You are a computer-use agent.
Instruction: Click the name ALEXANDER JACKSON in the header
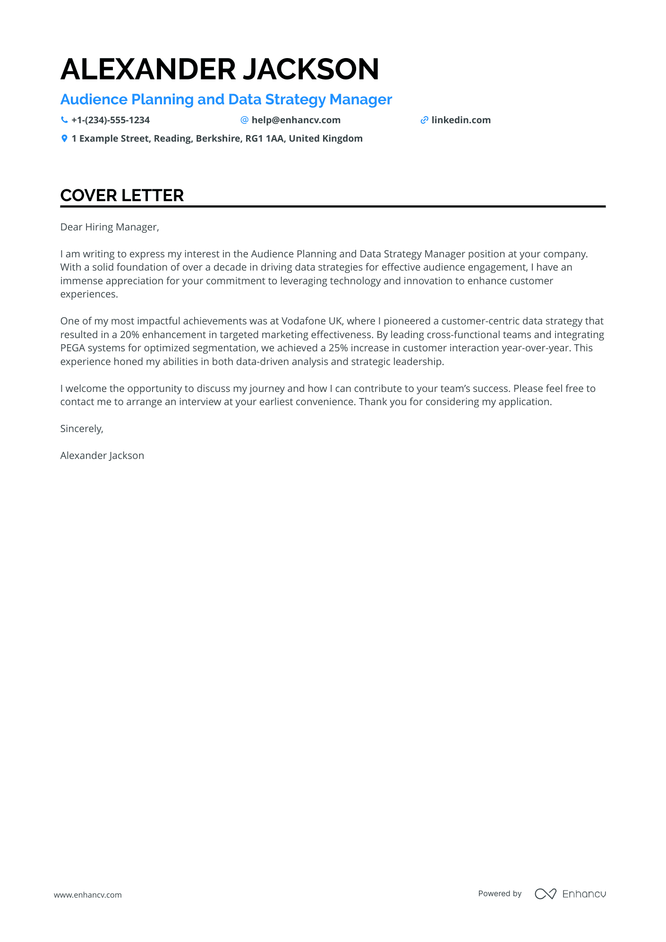(220, 69)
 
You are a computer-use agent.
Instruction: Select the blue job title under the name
(226, 100)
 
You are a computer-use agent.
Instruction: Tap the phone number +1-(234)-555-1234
(111, 120)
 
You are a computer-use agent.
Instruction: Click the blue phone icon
(64, 120)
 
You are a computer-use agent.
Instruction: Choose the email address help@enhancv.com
(296, 120)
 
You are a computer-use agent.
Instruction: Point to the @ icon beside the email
(244, 120)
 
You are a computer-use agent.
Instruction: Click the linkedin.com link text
(461, 120)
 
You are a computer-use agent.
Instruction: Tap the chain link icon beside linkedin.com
(424, 120)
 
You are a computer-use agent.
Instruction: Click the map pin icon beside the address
(64, 139)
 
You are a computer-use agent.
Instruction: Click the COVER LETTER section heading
(122, 195)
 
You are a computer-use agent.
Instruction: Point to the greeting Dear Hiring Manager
(110, 227)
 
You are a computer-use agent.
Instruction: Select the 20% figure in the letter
(129, 335)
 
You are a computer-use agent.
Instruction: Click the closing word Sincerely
(81, 429)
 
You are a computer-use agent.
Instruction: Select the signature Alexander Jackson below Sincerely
(102, 456)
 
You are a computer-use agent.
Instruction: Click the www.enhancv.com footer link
(87, 895)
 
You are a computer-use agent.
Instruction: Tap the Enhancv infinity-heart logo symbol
(545, 894)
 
